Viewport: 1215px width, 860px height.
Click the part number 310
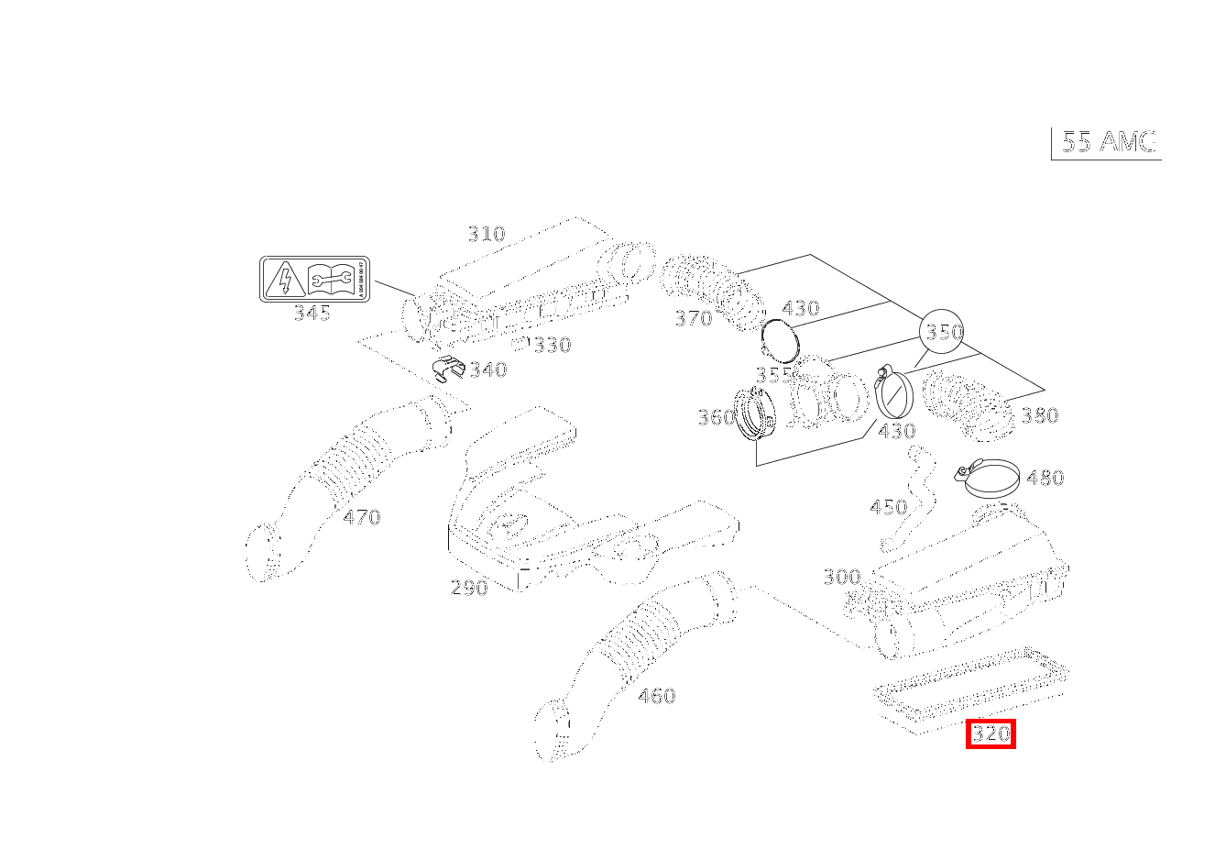487,234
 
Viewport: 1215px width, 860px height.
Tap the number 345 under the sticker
312,314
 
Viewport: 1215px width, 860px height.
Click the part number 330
553,345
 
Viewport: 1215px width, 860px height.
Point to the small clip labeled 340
448,369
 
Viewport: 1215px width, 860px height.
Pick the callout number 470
362,517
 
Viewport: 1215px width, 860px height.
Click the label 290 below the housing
469,588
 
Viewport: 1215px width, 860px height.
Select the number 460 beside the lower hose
656,696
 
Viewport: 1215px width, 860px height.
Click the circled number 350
944,332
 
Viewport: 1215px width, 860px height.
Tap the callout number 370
693,318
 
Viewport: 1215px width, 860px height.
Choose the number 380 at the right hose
1040,415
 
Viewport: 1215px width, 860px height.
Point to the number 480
1045,478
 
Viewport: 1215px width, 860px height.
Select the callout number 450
888,507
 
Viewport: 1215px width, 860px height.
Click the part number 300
841,577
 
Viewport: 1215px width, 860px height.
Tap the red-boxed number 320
991,734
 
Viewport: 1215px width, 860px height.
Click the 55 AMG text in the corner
1109,142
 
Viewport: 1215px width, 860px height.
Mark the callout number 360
716,417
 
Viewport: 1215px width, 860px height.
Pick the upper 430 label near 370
801,308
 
